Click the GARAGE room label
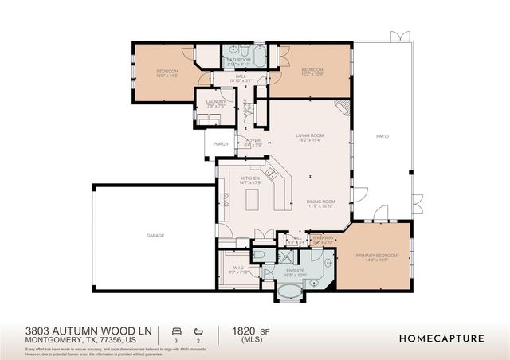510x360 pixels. (x=155, y=236)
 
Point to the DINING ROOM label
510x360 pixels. (x=320, y=202)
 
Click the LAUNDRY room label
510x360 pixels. (x=215, y=101)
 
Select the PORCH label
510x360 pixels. (x=221, y=144)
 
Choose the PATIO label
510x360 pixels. (x=382, y=136)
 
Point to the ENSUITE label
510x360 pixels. (x=295, y=270)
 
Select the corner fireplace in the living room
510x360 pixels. (x=341, y=108)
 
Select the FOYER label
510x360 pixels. (x=253, y=140)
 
